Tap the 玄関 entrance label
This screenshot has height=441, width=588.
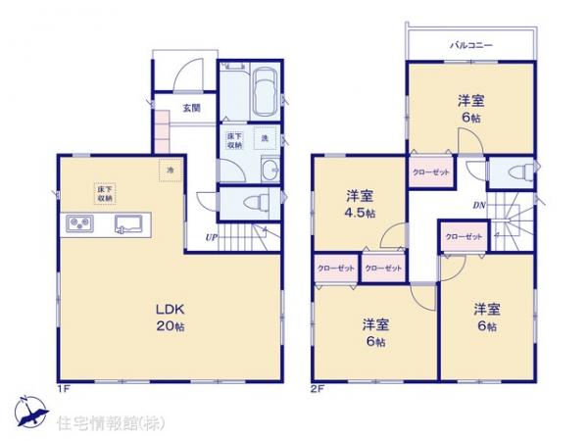tap(190, 108)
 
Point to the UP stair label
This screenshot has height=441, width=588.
tap(211, 235)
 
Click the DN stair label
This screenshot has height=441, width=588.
tap(479, 205)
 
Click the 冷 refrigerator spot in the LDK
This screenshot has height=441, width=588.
tap(170, 171)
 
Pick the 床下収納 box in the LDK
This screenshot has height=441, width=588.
tap(104, 192)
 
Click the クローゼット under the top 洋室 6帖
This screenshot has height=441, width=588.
tap(431, 172)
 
